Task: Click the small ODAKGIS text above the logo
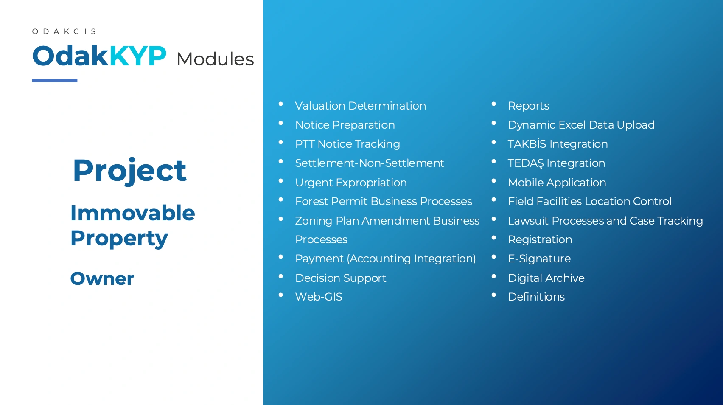click(x=64, y=31)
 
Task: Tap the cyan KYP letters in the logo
click(x=138, y=56)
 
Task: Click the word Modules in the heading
click(x=215, y=59)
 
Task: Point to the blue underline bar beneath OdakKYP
click(x=55, y=80)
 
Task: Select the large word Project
click(x=130, y=171)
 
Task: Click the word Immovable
click(x=133, y=213)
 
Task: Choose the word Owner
click(x=102, y=278)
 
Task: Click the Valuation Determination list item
click(x=361, y=106)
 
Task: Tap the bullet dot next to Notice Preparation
click(x=281, y=123)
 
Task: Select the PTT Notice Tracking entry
click(x=347, y=144)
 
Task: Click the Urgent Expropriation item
click(x=351, y=183)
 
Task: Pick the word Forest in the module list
click(x=311, y=201)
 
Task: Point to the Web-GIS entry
click(x=319, y=297)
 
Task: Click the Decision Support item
click(x=341, y=278)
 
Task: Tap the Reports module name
click(x=528, y=106)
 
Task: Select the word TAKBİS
click(x=527, y=144)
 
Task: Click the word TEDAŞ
click(x=526, y=163)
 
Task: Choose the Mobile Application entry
click(x=557, y=183)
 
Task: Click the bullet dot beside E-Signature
click(x=493, y=257)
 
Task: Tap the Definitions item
click(x=536, y=297)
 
